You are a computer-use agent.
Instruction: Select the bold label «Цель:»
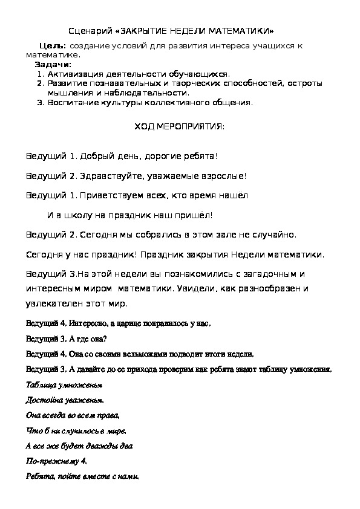tap(52, 47)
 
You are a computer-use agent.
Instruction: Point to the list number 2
tap(40, 83)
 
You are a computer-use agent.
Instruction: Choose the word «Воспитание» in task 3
tap(72, 103)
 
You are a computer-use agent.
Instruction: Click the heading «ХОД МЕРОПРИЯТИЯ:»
tap(178, 127)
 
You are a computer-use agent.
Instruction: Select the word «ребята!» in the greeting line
tap(197, 156)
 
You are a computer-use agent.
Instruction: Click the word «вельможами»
tap(128, 354)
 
